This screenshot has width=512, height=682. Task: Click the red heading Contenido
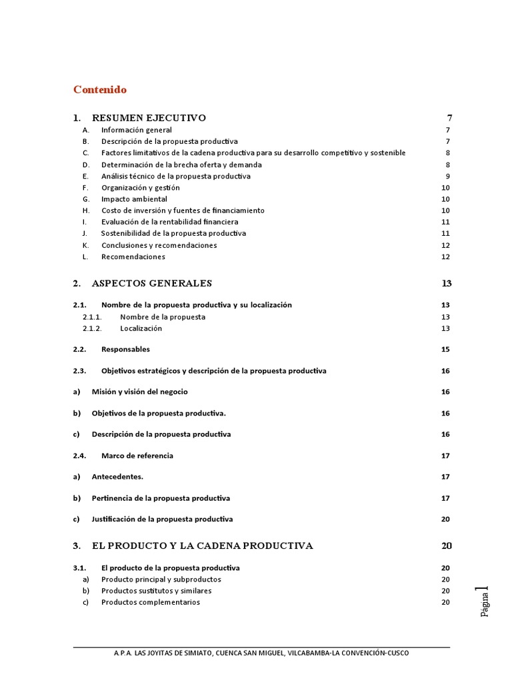click(100, 89)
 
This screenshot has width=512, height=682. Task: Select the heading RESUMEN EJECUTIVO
click(149, 118)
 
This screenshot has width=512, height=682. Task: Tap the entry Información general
click(136, 130)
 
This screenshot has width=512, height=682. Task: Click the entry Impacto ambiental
click(134, 199)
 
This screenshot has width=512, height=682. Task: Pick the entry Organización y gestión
click(140, 188)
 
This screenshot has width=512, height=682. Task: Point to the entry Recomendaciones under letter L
click(133, 256)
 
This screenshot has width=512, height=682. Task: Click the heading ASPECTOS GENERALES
click(151, 283)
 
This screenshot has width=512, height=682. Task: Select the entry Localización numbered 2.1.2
click(141, 328)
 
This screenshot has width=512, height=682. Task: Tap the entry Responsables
click(125, 350)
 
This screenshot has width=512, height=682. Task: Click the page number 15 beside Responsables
click(445, 350)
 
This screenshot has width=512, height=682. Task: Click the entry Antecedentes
click(117, 477)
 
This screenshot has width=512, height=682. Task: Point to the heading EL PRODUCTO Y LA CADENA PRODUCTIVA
click(202, 545)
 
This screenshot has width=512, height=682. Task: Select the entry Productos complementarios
click(150, 602)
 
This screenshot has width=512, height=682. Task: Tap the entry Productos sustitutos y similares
click(156, 591)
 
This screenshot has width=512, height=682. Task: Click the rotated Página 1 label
click(485, 601)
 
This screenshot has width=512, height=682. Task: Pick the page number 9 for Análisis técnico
click(448, 176)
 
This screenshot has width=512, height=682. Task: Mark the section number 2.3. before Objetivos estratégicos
click(80, 371)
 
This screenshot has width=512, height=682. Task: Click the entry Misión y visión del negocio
click(139, 392)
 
